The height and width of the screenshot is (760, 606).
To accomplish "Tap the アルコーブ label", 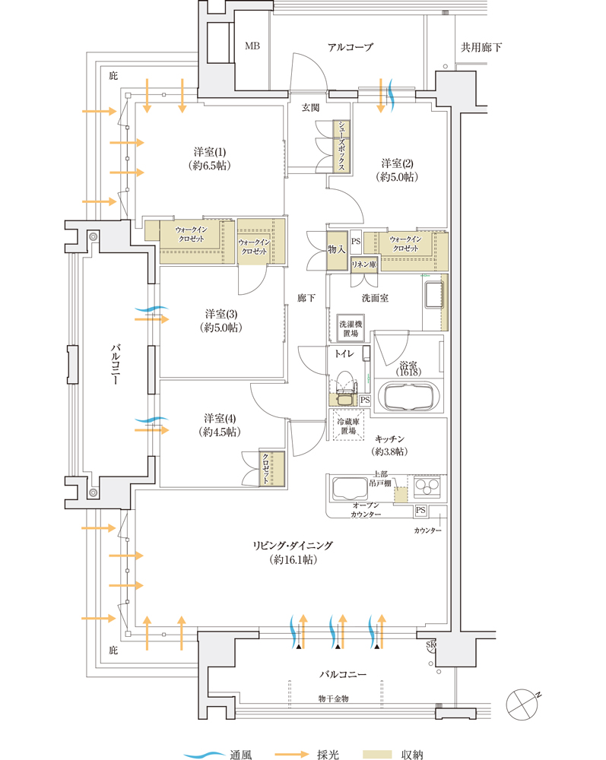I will (350, 47).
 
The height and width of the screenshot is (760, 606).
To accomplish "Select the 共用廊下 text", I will (481, 47).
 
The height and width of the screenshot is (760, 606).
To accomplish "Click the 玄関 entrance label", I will (310, 108).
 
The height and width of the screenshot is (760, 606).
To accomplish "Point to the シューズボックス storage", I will (343, 145).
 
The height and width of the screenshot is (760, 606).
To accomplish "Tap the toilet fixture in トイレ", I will (345, 384).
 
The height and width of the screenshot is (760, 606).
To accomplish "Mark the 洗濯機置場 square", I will (351, 328).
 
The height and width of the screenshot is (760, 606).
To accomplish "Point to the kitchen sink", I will (350, 487).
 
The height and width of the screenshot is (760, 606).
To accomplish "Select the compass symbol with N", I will (525, 701).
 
